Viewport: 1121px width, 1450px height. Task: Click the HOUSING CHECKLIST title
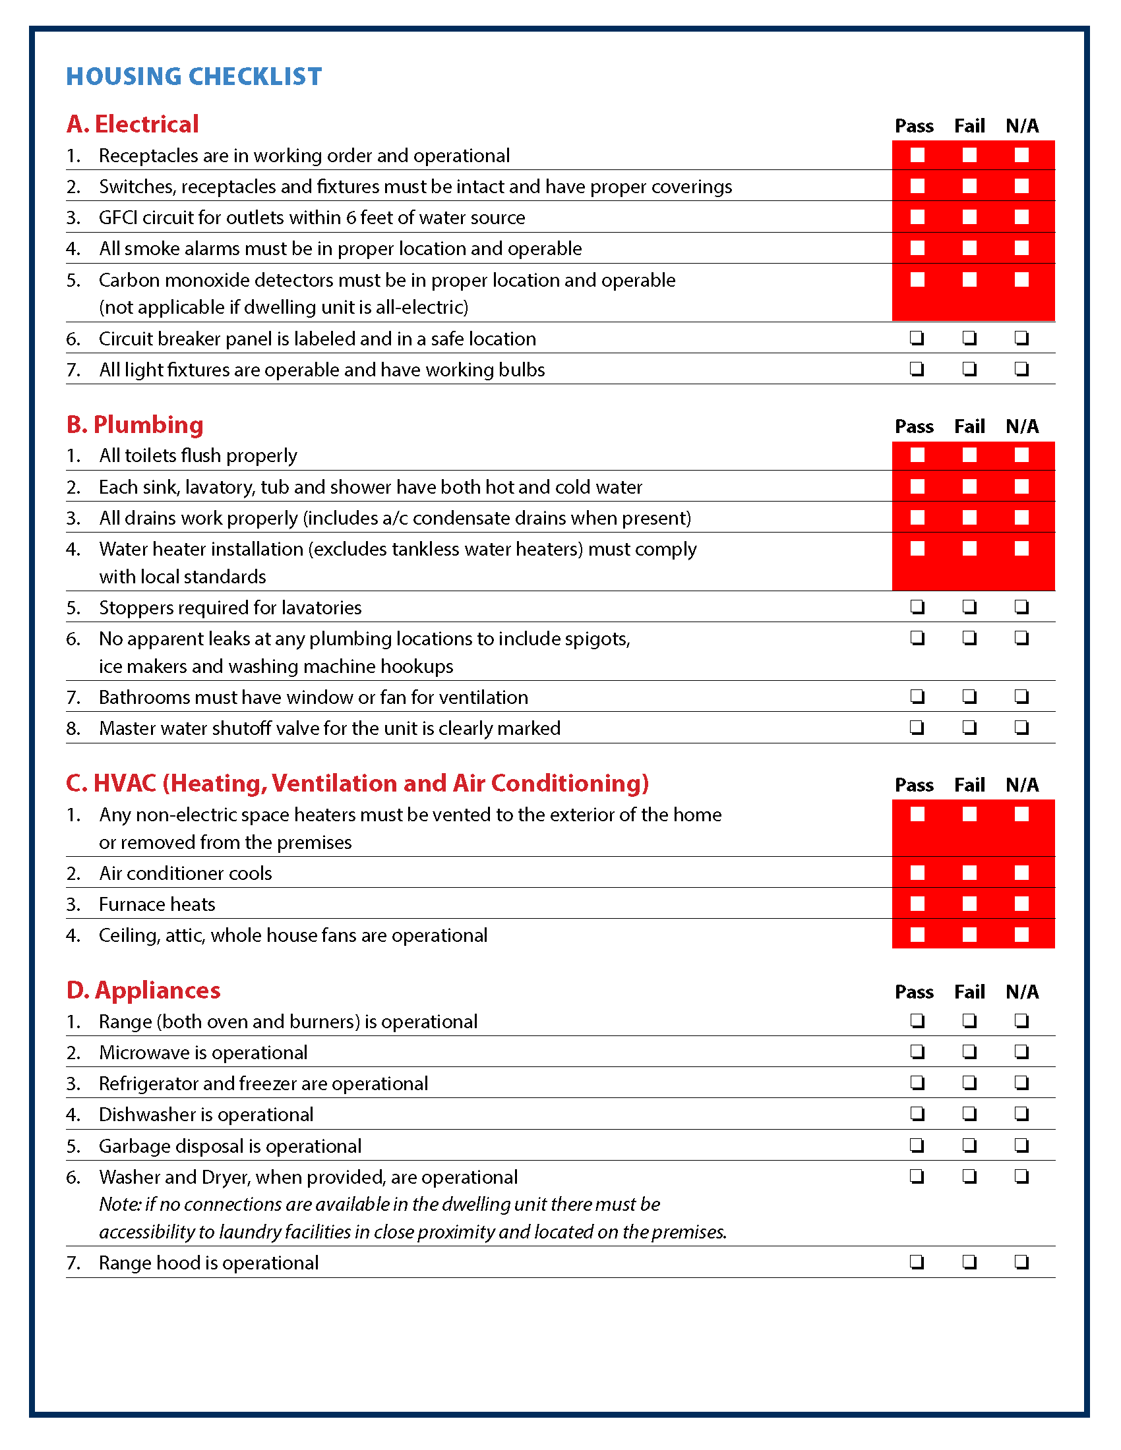pyautogui.click(x=194, y=76)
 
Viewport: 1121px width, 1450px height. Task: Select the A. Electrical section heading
pyautogui.click(x=132, y=124)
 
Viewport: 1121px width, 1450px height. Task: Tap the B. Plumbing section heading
pyautogui.click(x=135, y=425)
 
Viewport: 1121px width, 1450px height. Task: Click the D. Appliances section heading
pyautogui.click(x=143, y=990)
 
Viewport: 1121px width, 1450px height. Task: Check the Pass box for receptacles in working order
pyautogui.click(x=917, y=155)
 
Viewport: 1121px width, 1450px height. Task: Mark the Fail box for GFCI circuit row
pyautogui.click(x=969, y=217)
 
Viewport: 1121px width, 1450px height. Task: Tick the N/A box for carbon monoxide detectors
pyautogui.click(x=1021, y=279)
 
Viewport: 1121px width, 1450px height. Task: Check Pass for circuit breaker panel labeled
pyautogui.click(x=917, y=338)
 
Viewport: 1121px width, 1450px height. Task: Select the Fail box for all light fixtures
pyautogui.click(x=969, y=369)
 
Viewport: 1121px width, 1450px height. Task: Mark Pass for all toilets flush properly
pyautogui.click(x=917, y=455)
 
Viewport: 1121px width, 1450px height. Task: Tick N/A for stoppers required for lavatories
pyautogui.click(x=1021, y=607)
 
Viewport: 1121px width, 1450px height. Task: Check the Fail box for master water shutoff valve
pyautogui.click(x=969, y=728)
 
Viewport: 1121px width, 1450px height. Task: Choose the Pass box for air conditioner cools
pyautogui.click(x=917, y=873)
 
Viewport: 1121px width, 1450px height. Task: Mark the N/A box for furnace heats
pyautogui.click(x=1021, y=904)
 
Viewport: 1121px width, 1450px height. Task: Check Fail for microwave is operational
pyautogui.click(x=969, y=1052)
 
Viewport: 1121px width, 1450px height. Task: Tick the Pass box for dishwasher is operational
pyautogui.click(x=917, y=1114)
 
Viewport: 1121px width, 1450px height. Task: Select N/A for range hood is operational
pyautogui.click(x=1021, y=1262)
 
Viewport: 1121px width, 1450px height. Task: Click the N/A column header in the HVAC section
pyautogui.click(x=1022, y=786)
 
